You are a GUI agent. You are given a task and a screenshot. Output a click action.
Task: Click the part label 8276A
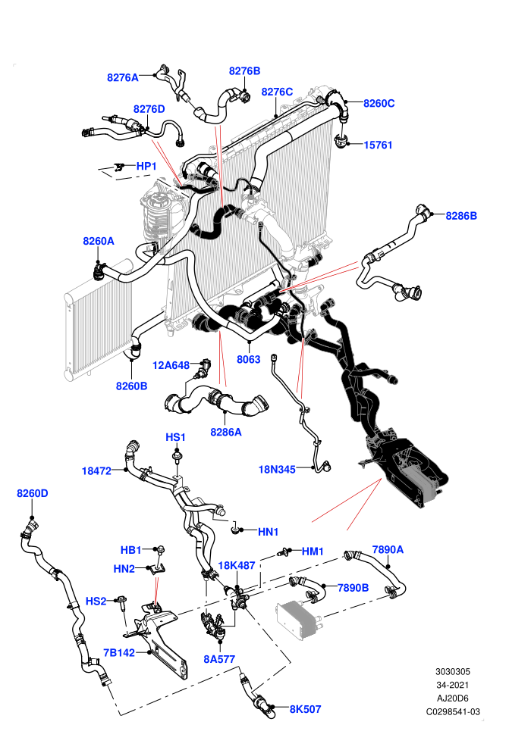[x=123, y=77]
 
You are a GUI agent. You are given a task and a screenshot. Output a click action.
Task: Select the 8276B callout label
[x=244, y=70]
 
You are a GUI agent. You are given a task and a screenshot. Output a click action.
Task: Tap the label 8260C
[x=379, y=103]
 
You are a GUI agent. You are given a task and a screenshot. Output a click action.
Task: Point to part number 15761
[x=378, y=145]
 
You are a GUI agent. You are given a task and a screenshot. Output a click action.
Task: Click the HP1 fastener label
[x=146, y=166]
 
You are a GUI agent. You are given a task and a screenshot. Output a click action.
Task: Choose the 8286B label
[x=461, y=216]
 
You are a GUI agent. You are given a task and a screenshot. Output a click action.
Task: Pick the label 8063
[x=249, y=359]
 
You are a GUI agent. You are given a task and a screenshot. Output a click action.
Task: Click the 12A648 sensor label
[x=171, y=365]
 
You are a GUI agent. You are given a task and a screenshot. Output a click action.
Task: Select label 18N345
[x=277, y=469]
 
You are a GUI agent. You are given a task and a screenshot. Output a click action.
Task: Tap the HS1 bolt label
[x=175, y=437]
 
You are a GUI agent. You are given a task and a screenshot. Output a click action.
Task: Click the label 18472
[x=96, y=470]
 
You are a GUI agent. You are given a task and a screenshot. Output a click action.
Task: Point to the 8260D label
[x=33, y=493]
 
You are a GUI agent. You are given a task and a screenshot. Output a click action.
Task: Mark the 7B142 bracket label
[x=119, y=652]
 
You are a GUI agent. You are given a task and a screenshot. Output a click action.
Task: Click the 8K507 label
[x=305, y=709]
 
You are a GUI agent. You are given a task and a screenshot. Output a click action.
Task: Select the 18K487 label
[x=237, y=565]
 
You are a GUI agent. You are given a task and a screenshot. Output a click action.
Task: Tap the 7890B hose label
[x=353, y=587]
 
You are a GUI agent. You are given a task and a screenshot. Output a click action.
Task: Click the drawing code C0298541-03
[x=453, y=711]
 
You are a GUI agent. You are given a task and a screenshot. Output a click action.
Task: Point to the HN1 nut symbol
[x=236, y=530]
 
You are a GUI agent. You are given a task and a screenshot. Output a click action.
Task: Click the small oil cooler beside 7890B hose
[x=298, y=620]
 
